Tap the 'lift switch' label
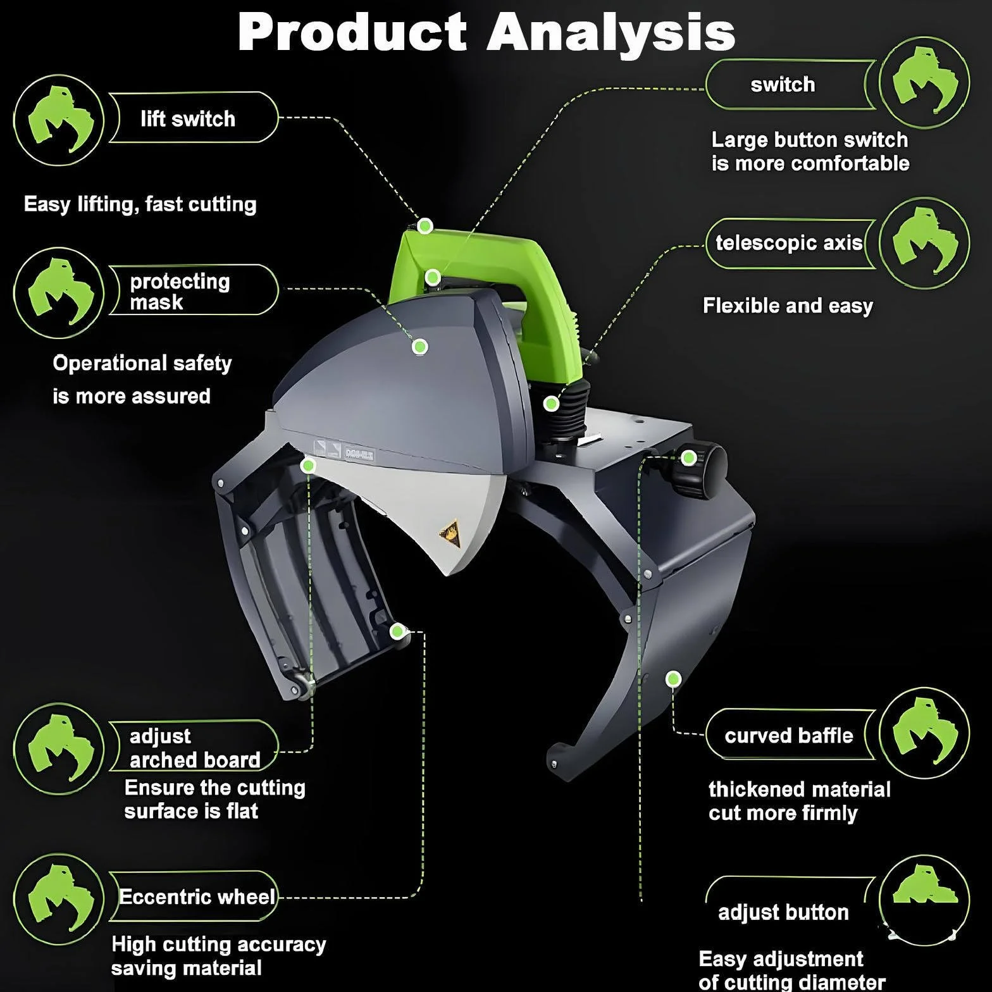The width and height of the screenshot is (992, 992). (188, 119)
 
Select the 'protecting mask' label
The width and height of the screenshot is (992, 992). (180, 292)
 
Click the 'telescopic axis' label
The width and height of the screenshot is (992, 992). (789, 243)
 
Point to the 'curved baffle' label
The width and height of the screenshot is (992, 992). (789, 735)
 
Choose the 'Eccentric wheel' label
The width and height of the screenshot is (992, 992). (197, 897)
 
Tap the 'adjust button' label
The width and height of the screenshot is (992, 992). (783, 912)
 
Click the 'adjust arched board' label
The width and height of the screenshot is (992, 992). (195, 748)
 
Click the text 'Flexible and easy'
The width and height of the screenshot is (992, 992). (788, 306)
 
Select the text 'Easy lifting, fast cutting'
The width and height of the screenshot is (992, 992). (140, 204)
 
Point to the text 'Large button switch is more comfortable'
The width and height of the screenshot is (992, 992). (810, 152)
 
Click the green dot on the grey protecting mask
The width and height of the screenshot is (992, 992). (420, 347)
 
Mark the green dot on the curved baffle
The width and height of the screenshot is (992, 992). (674, 679)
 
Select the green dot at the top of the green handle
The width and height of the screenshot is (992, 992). (425, 225)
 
